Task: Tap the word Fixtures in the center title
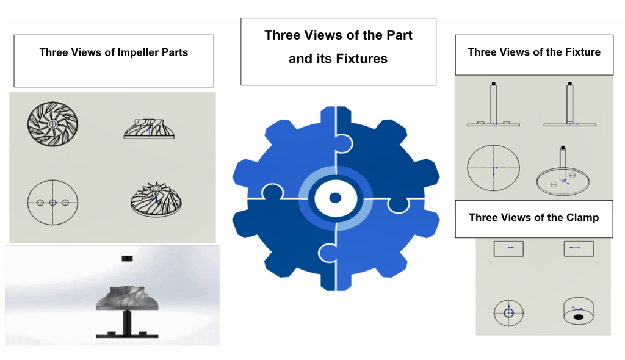[x=361, y=59]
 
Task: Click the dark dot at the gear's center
[x=335, y=198]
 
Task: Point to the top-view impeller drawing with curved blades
[x=52, y=124]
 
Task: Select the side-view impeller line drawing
[x=149, y=128]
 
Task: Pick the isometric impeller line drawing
[x=156, y=200]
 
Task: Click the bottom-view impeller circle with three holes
[x=52, y=203]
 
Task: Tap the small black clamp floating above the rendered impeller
[x=127, y=259]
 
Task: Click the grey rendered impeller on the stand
[x=127, y=298]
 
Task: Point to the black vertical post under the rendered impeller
[x=127, y=323]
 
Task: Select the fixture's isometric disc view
[x=563, y=172]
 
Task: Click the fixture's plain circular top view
[x=493, y=168]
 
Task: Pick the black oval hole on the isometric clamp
[x=579, y=317]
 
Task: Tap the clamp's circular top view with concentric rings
[x=508, y=313]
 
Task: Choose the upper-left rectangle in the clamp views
[x=508, y=249]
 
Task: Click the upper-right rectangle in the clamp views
[x=579, y=249]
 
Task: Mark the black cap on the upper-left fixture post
[x=493, y=84]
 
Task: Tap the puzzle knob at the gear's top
[x=344, y=143]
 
